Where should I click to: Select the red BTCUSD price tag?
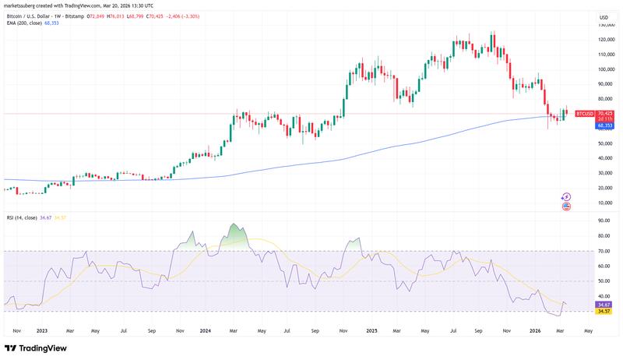point(584,114)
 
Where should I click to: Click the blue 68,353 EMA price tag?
point(605,125)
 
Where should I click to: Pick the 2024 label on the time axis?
point(206,330)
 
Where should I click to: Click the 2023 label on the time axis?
point(42,330)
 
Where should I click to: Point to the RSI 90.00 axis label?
point(604,221)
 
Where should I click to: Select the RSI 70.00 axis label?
point(604,251)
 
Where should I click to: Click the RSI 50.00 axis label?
point(604,281)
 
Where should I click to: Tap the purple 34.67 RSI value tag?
point(604,304)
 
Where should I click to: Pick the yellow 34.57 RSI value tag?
point(604,311)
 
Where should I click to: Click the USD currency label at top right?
point(604,17)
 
